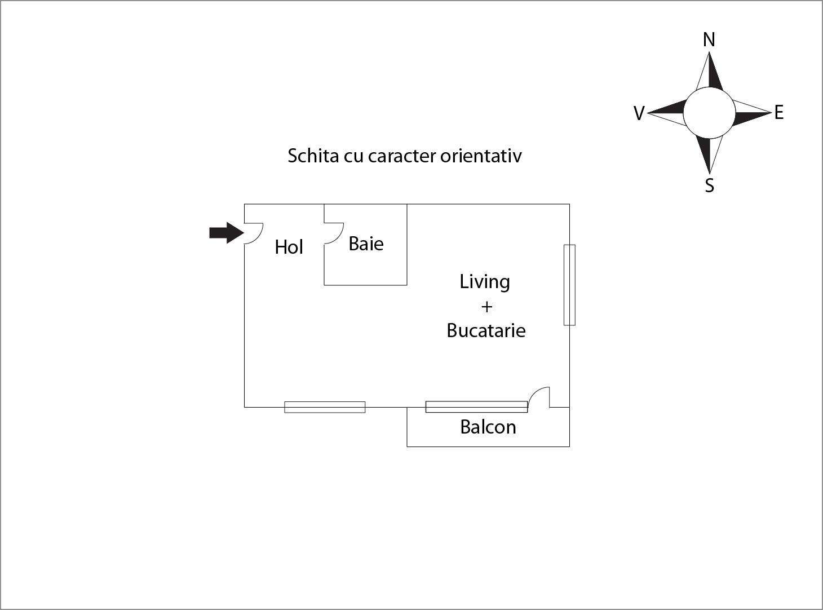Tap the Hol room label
(289, 247)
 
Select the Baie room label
(366, 244)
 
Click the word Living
(485, 281)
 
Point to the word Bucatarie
(486, 330)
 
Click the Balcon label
(488, 427)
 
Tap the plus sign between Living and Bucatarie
(486, 307)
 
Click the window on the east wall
(569, 285)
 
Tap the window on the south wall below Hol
(325, 407)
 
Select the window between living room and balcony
(476, 406)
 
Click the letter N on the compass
(709, 40)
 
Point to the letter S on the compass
(710, 185)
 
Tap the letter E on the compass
(779, 113)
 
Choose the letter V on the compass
(639, 113)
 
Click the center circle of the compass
(709, 113)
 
